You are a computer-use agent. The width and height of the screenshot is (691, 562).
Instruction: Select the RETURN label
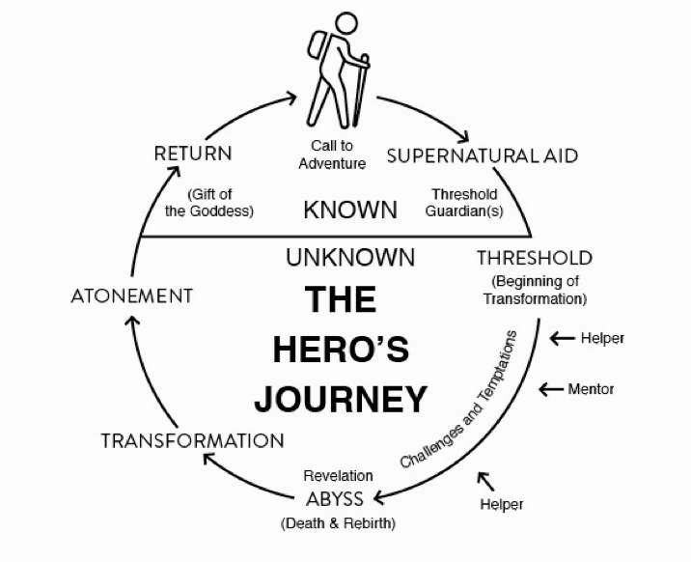point(193,153)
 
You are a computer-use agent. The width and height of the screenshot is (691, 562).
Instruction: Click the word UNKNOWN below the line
point(350,258)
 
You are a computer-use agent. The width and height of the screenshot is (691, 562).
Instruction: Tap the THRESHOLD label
point(534,258)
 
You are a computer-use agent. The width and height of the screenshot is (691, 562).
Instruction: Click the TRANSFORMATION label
point(193,440)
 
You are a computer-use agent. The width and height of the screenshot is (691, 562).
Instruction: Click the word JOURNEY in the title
point(342,398)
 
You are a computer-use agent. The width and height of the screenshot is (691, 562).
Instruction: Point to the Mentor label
point(591,389)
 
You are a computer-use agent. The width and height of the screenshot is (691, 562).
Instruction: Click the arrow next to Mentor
point(551,389)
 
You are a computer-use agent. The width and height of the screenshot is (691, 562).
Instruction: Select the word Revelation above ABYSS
point(338,475)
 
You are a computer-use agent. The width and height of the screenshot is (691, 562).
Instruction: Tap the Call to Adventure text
point(332,155)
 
